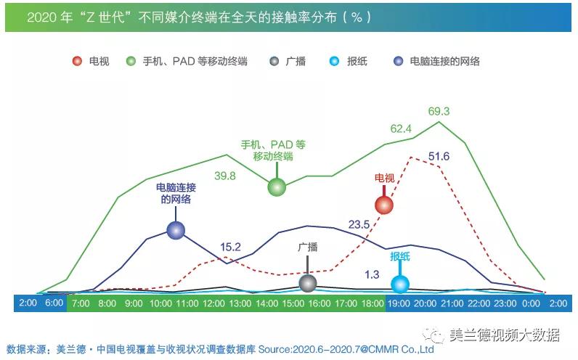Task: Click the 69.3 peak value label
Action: tap(439, 111)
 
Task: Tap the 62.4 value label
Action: tap(401, 128)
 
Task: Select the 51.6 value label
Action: tap(439, 156)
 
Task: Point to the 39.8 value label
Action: tap(224, 175)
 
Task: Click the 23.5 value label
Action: tap(359, 224)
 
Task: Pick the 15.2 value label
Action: tap(230, 246)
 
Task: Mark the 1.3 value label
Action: tap(371, 274)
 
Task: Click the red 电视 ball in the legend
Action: tap(78, 62)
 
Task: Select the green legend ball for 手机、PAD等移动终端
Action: tap(131, 62)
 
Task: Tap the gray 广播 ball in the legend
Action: tap(273, 62)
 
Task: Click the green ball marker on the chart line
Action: tap(277, 187)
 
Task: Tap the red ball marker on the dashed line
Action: tap(383, 205)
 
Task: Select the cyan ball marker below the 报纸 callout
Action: tap(399, 284)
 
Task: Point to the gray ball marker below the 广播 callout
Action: tap(308, 282)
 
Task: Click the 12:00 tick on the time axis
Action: tap(213, 303)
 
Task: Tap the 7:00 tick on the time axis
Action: tap(81, 303)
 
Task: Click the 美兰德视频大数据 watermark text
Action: tap(504, 335)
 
